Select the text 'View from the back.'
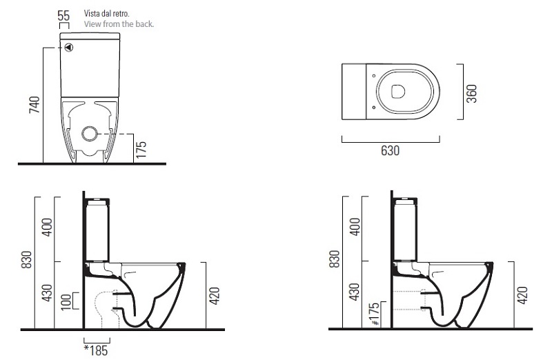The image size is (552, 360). [119, 24]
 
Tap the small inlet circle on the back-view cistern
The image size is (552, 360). [69, 48]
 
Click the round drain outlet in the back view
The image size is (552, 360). [90, 134]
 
